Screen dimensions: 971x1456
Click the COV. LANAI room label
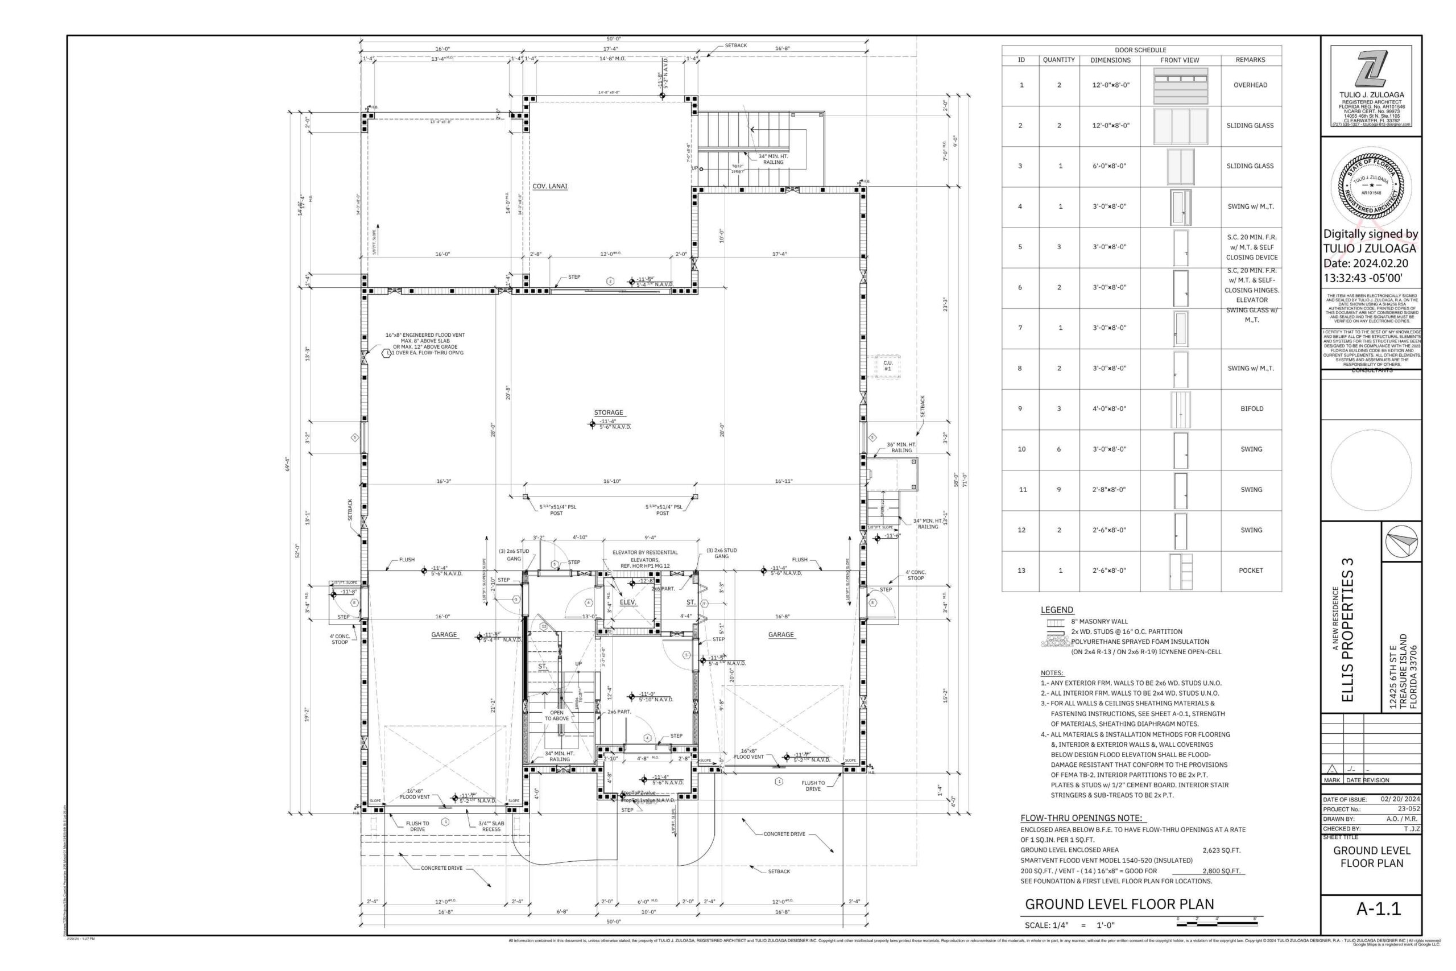[x=550, y=187]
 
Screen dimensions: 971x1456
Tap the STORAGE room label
[x=609, y=412]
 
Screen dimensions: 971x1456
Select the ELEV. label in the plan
[x=628, y=602]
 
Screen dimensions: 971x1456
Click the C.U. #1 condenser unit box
[x=887, y=366]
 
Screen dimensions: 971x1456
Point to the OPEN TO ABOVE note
[x=557, y=715]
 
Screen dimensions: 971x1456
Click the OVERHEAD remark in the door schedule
[x=1250, y=85]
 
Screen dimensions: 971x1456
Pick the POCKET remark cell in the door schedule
[x=1251, y=571]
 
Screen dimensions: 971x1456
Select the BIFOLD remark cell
[x=1251, y=409]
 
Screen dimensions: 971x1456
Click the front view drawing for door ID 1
[x=1180, y=85]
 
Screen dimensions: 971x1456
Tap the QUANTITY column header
[x=1058, y=60]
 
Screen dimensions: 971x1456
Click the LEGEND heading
[x=1057, y=610]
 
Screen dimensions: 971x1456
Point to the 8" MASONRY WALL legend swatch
[x=1055, y=622]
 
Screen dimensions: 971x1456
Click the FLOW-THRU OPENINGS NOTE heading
[x=1081, y=818]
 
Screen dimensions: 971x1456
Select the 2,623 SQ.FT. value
[x=1221, y=850]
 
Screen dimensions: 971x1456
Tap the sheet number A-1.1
[x=1378, y=908]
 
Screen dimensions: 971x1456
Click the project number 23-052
[x=1408, y=809]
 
